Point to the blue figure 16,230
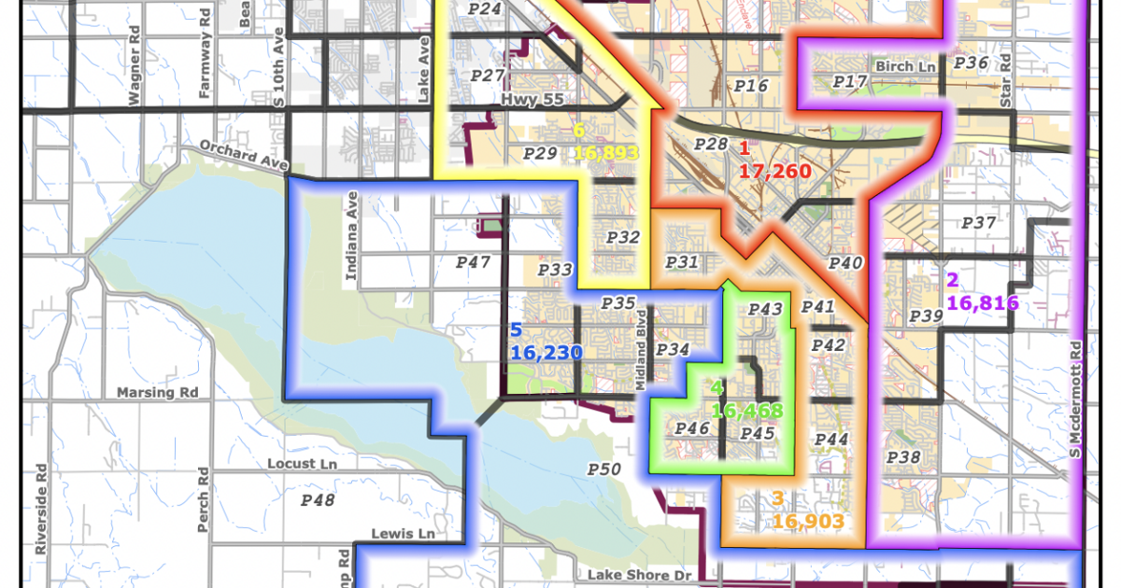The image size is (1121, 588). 546,353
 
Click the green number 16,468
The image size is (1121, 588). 746,410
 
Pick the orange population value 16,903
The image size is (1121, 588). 808,521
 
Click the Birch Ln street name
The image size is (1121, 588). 905,67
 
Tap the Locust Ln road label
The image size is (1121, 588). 300,464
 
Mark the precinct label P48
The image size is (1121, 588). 318,500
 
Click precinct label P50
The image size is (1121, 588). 604,469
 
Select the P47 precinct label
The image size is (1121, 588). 474,263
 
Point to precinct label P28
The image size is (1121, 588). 711,144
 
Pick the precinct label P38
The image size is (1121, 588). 903,457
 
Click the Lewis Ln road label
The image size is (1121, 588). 403,534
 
